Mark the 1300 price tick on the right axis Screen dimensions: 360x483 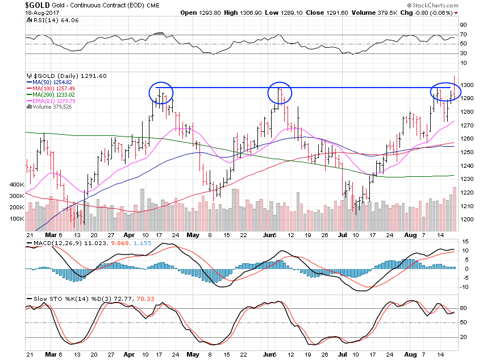coord(467,85)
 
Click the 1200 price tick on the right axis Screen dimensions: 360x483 coord(467,220)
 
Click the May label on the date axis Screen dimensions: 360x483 coord(194,234)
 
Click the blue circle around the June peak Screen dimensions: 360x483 coord(279,93)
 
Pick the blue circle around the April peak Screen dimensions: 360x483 coord(161,93)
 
